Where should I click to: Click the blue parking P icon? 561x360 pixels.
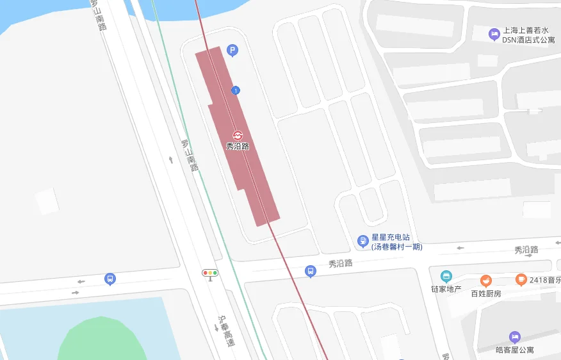tap(232, 50)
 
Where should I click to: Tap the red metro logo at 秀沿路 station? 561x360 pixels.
tap(237, 135)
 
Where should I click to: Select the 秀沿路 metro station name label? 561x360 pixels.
tap(237, 146)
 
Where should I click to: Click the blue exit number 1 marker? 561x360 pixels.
tap(236, 91)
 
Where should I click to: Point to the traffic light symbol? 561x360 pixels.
tap(210, 273)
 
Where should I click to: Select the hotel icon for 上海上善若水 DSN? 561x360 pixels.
tap(493, 34)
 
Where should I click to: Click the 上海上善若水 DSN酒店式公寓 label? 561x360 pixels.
tap(528, 35)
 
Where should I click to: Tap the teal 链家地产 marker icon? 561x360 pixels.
tap(446, 277)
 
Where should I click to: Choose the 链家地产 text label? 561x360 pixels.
tap(446, 289)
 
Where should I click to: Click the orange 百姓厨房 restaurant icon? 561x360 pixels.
tap(486, 281)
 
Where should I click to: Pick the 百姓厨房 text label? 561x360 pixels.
tap(486, 293)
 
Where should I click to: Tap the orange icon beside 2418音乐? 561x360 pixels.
tap(521, 279)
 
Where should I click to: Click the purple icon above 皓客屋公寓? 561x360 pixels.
tap(514, 337)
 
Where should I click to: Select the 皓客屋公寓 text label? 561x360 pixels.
tap(515, 350)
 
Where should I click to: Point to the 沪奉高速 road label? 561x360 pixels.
tap(226, 331)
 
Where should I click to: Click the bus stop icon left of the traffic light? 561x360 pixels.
tap(110, 279)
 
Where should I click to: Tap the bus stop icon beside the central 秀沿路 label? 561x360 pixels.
tap(311, 272)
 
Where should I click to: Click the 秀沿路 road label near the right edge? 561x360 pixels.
tap(526, 250)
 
